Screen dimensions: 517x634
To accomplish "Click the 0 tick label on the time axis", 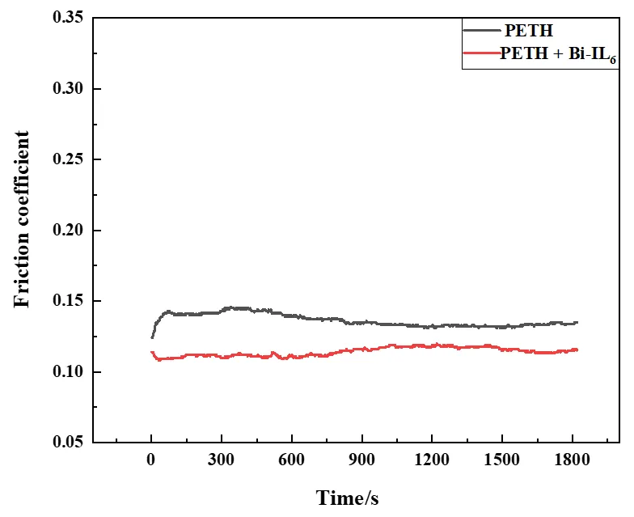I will (x=151, y=461).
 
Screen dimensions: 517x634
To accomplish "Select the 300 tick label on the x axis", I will (x=221, y=461).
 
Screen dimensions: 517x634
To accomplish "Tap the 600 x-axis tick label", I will (x=291, y=461).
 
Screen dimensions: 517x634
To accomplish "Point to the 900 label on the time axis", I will (x=361, y=461).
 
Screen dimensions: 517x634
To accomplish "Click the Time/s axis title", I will (x=347, y=497).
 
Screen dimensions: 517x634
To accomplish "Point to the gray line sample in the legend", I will (x=480, y=31).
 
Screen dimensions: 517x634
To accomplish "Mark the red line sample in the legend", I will (x=480, y=53).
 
